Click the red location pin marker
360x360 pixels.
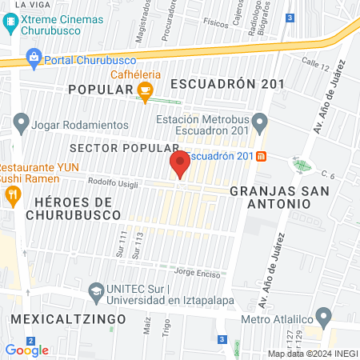point(180,165)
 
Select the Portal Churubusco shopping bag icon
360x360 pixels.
point(33,56)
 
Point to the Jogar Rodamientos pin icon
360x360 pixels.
point(20,124)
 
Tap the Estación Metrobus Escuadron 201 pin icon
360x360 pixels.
point(259,122)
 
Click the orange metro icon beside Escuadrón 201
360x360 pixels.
point(261,156)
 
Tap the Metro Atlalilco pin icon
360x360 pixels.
point(323,314)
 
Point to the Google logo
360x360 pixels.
point(26,350)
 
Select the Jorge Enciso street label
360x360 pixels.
point(196,272)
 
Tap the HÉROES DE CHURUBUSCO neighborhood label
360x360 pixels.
point(73,209)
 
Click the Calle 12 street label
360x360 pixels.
point(315,62)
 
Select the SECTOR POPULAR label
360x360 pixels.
point(124,149)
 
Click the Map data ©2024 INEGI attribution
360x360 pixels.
point(311,353)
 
